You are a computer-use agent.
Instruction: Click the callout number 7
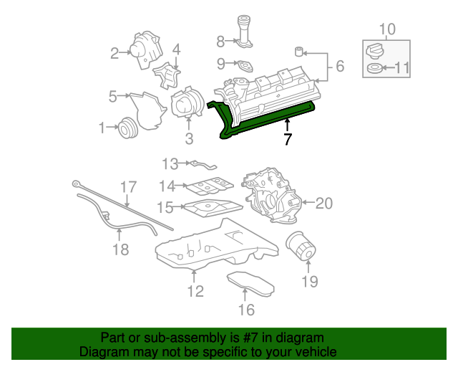point(287,139)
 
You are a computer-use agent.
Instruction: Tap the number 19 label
point(308,281)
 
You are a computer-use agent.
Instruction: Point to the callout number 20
point(324,204)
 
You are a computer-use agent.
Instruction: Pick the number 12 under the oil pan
point(195,291)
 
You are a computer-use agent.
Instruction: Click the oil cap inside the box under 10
point(374,51)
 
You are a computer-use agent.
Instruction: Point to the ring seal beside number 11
point(374,70)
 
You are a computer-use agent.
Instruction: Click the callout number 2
point(114,52)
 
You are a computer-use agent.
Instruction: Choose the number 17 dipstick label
point(127,187)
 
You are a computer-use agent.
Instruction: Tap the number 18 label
point(120,249)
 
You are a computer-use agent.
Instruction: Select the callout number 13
point(170,163)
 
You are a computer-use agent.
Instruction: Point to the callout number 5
point(113,95)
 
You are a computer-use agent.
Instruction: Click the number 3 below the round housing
point(189,138)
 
